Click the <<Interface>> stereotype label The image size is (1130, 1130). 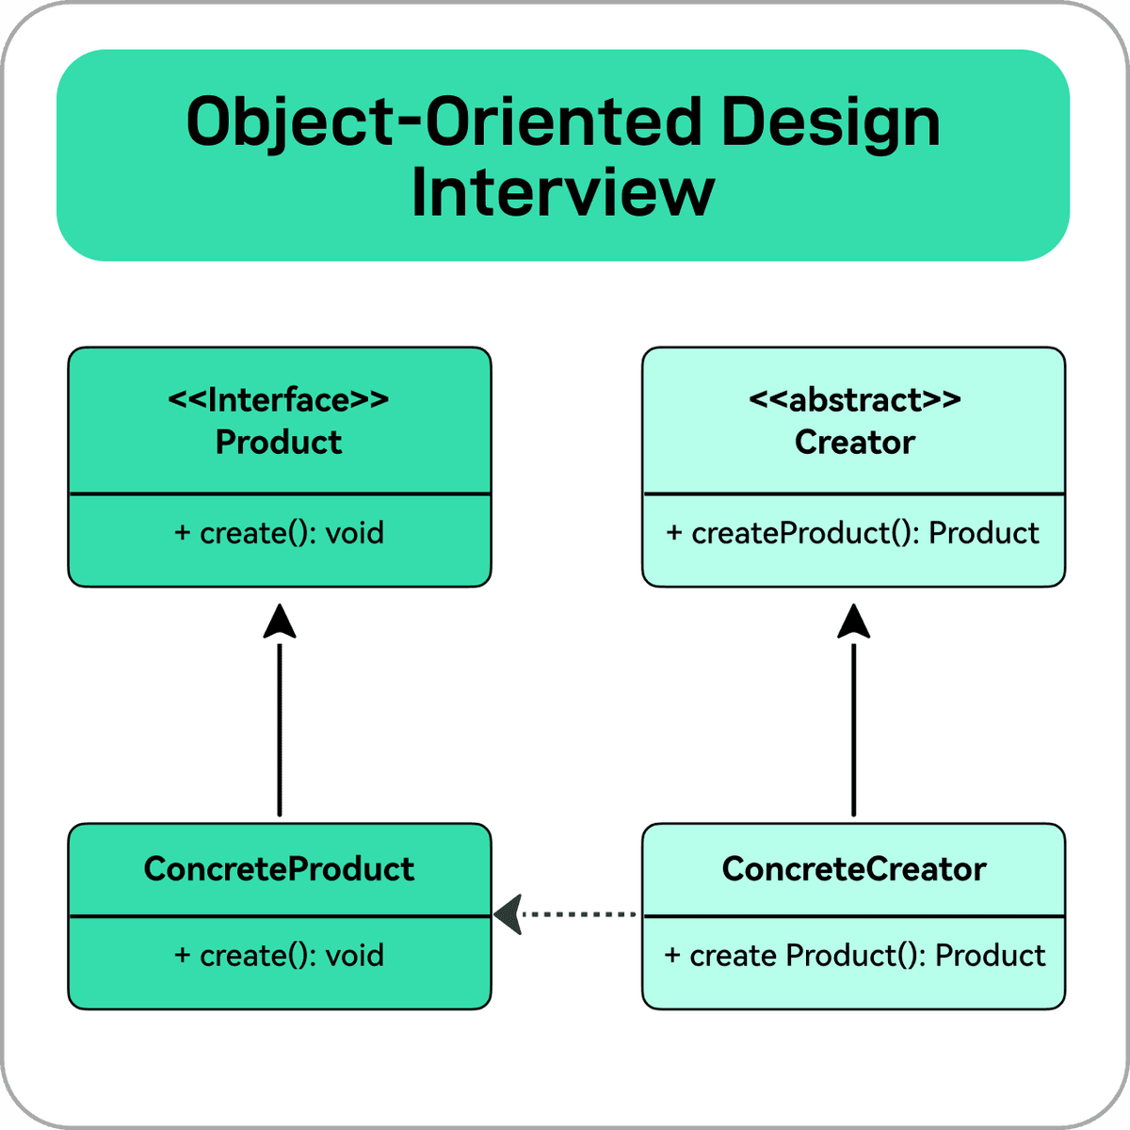click(x=279, y=400)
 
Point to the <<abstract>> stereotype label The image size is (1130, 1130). click(x=854, y=400)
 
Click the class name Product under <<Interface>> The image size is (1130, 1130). click(x=279, y=443)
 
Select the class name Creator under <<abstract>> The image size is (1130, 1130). click(x=854, y=443)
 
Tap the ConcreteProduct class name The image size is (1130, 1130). click(x=279, y=868)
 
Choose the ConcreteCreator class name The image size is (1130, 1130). click(x=854, y=868)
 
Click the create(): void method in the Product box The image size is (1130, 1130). click(x=280, y=533)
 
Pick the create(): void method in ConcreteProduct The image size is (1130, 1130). click(x=280, y=956)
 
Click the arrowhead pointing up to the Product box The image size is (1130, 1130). click(x=280, y=621)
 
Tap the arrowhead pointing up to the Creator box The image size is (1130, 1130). click(x=854, y=621)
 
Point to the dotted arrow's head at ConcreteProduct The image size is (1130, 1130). click(x=508, y=914)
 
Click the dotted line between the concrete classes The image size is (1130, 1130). click(x=579, y=914)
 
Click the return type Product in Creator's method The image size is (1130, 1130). click(x=984, y=533)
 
